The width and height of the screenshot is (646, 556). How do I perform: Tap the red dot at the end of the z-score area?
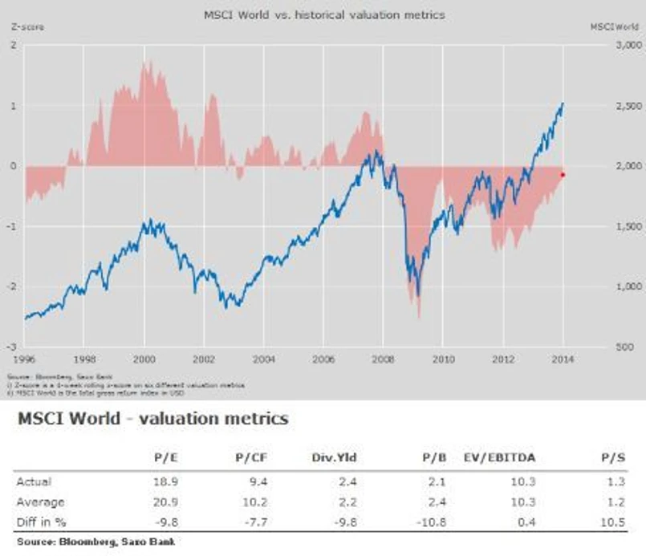pos(563,174)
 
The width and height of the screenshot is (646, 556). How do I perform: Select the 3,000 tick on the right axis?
pos(605,46)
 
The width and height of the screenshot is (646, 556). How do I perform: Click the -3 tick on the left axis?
pos(14,347)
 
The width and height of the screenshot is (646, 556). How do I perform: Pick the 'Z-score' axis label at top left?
pos(26,26)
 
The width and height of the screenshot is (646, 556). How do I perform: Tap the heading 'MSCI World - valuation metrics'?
pos(152,420)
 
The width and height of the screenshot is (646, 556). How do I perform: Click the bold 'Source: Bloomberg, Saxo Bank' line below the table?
pos(95,542)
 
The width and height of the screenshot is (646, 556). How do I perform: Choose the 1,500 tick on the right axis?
pos(605,227)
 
